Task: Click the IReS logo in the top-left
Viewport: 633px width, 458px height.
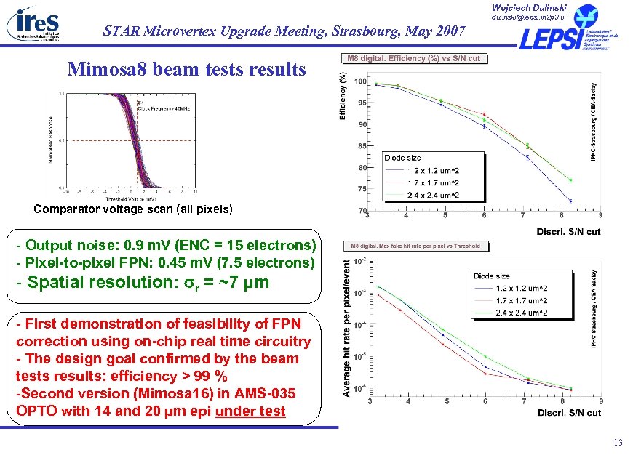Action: point(33,23)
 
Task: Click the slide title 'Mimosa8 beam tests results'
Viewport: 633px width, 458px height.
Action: point(187,69)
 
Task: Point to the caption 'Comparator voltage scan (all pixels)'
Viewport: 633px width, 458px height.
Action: point(133,209)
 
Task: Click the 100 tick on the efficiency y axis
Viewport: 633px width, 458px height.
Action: point(361,81)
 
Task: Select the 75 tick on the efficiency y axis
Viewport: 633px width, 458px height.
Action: point(361,189)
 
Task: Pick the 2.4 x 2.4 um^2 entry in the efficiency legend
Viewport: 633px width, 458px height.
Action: point(433,194)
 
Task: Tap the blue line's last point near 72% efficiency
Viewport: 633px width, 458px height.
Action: point(570,201)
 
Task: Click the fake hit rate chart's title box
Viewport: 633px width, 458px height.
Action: point(417,246)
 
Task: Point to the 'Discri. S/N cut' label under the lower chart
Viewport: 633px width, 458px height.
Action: point(569,412)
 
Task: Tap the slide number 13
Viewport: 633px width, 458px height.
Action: point(618,443)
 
